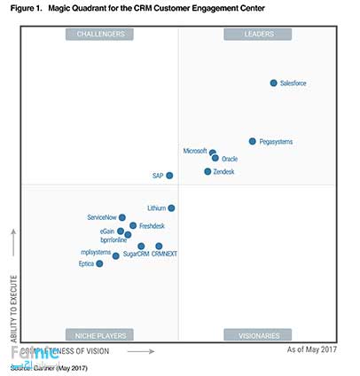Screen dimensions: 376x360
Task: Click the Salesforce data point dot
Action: tap(273, 83)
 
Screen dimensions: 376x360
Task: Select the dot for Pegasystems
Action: tap(253, 141)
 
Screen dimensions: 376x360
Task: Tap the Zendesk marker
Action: tap(207, 171)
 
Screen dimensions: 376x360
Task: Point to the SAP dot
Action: tap(169, 176)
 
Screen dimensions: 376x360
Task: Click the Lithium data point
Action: tap(171, 208)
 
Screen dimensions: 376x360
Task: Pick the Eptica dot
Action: tap(99, 263)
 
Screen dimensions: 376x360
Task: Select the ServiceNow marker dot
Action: tap(122, 217)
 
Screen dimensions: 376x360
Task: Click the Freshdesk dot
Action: tap(133, 225)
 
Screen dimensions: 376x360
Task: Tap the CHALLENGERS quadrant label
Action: tap(99, 35)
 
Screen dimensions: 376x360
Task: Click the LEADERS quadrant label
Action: tap(258, 35)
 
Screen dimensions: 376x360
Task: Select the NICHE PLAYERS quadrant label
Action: tap(99, 335)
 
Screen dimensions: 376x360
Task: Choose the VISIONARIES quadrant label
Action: tap(258, 335)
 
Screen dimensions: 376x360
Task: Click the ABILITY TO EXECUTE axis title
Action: tap(12, 283)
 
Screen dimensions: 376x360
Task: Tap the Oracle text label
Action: tap(230, 159)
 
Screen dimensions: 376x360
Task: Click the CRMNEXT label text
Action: tap(164, 254)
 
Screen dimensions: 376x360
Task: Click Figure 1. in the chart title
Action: tap(25, 8)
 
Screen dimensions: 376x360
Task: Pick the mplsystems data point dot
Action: tap(116, 255)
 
